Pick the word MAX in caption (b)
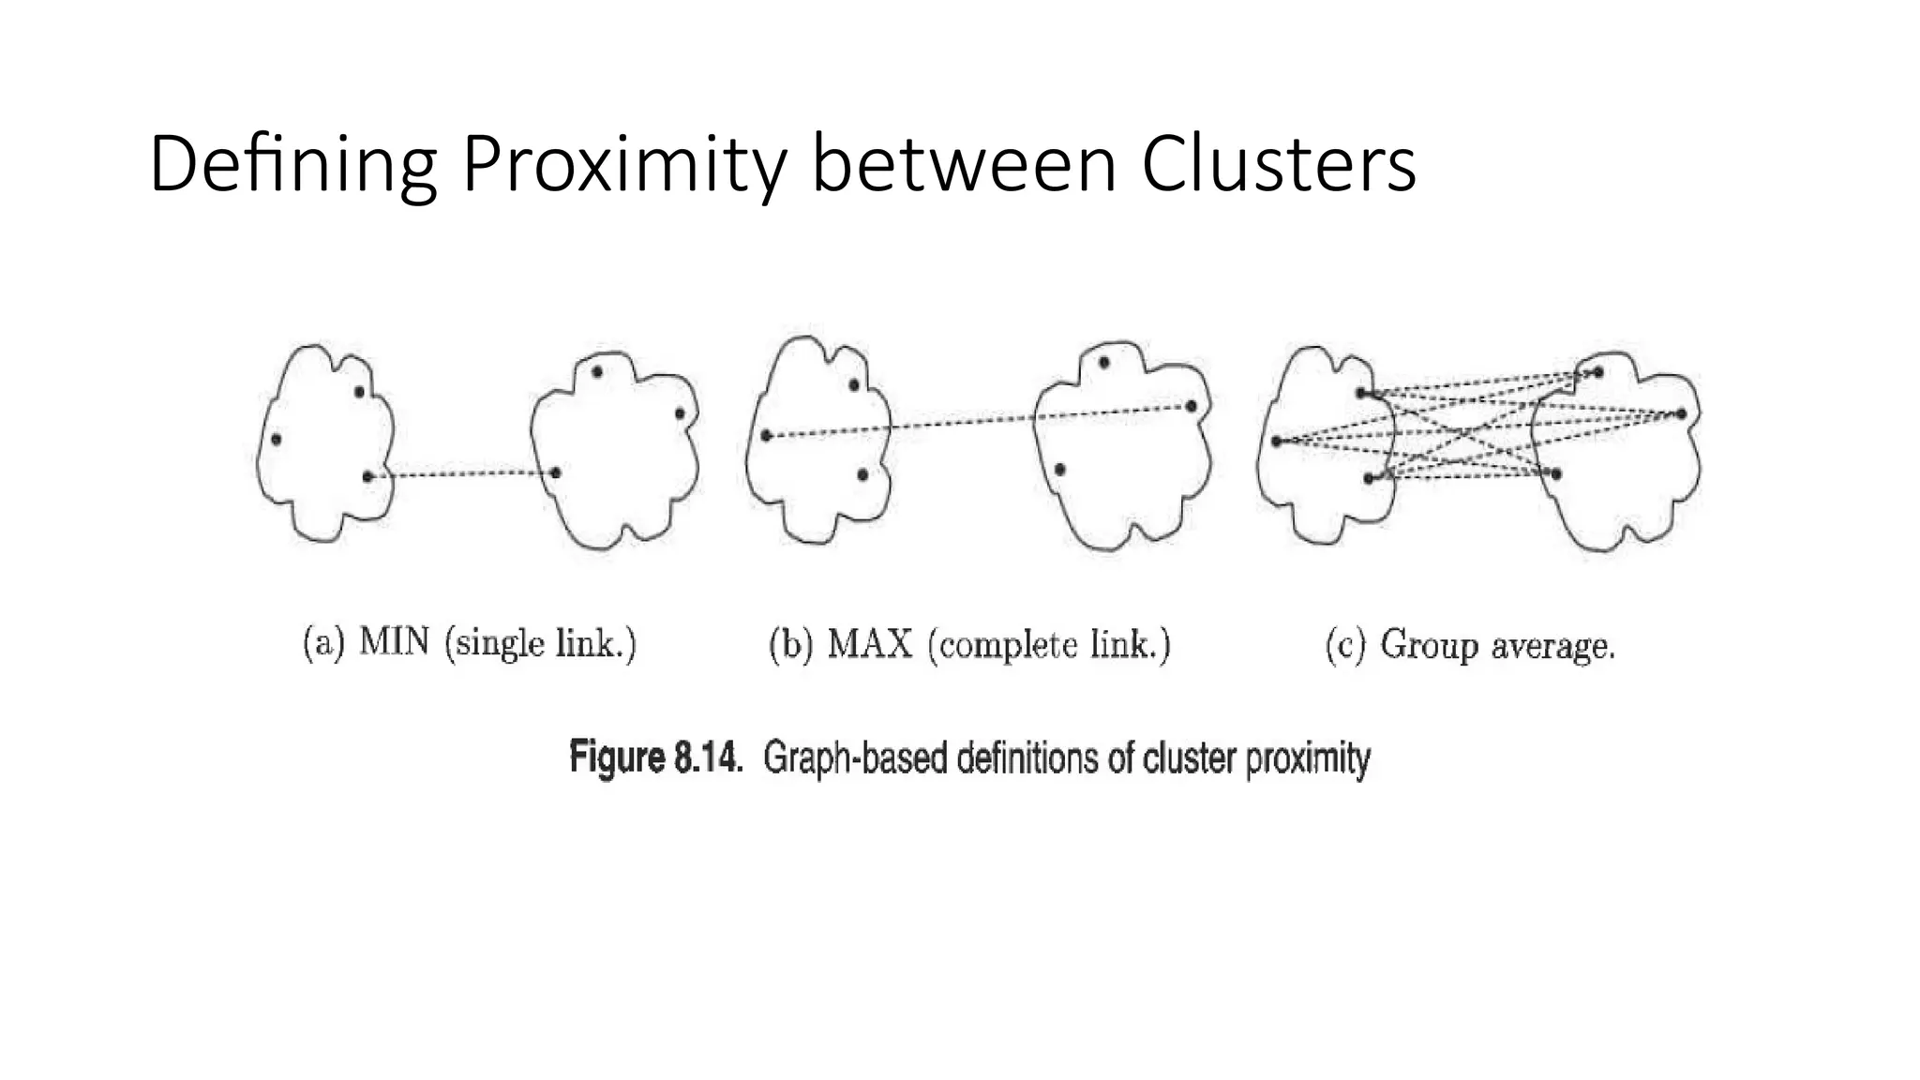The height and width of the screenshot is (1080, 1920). (870, 645)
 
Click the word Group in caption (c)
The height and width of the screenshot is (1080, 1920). (1429, 645)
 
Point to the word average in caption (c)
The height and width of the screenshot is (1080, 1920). (1552, 647)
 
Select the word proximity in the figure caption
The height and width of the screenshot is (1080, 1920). (1308, 757)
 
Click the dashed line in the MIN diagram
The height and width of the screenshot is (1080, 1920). (461, 474)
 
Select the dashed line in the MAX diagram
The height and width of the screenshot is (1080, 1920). (975, 421)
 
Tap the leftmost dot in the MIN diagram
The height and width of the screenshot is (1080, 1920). (276, 439)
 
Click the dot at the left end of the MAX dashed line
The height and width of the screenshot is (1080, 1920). (766, 435)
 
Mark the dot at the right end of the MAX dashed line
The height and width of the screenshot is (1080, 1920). (1191, 406)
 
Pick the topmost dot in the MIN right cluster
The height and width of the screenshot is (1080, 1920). (597, 372)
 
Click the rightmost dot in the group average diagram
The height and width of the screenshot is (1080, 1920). (1682, 413)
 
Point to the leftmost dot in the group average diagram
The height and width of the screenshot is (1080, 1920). (1277, 441)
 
